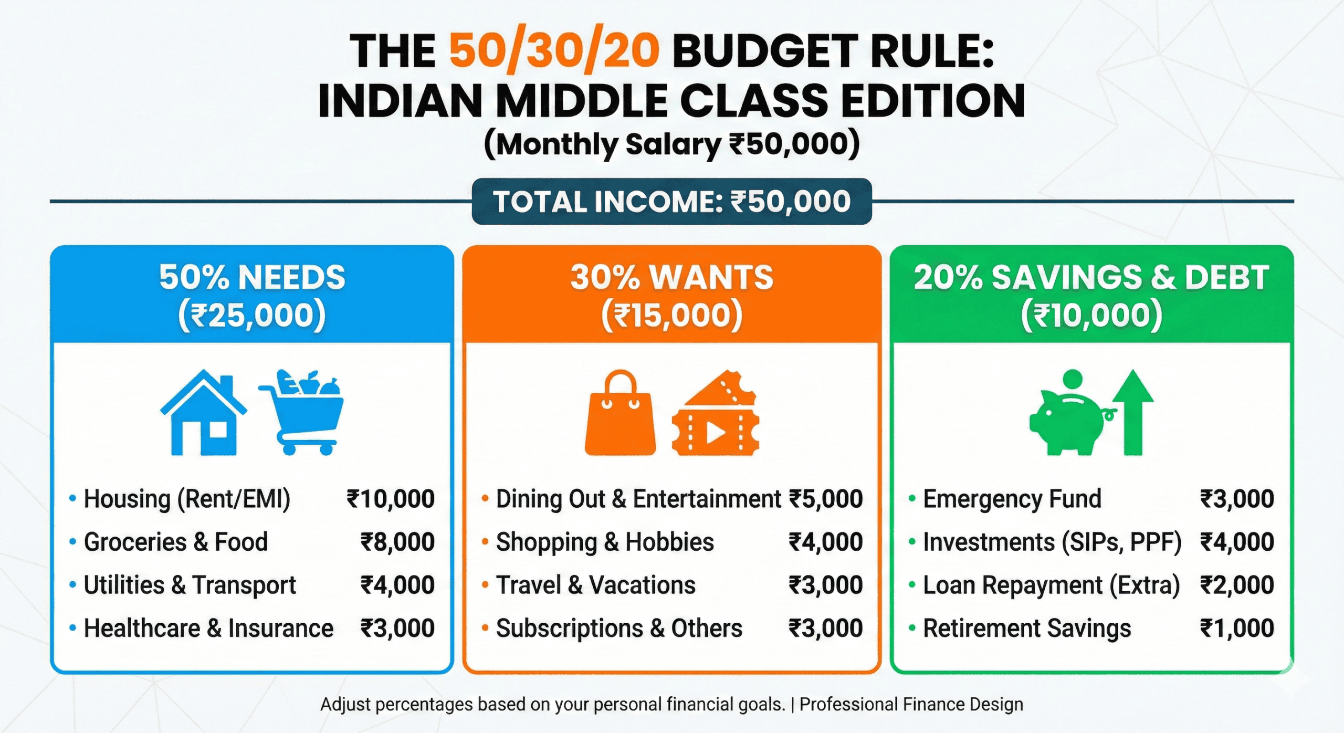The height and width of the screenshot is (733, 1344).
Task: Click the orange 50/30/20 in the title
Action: coord(554,51)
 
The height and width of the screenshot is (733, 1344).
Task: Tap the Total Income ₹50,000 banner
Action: coord(671,202)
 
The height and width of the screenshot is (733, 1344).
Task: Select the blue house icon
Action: coord(203,414)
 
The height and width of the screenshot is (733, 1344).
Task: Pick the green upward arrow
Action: coord(1133,412)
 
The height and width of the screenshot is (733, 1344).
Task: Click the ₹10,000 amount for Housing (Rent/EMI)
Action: coord(391,499)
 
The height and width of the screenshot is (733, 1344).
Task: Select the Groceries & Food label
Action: coord(176,542)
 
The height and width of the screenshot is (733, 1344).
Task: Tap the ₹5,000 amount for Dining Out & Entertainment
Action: coord(826,499)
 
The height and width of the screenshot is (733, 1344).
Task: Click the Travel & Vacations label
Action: coord(595,585)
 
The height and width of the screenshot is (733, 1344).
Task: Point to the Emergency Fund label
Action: coord(1012,499)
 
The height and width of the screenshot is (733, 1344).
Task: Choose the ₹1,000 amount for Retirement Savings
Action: coord(1237,628)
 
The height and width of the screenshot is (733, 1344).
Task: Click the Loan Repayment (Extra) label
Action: coord(1051,585)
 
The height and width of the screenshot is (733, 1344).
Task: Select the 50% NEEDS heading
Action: coord(252,277)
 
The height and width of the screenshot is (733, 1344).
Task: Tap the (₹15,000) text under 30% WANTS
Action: coord(671,315)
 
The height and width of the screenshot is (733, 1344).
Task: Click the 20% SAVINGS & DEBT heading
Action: coord(1091,277)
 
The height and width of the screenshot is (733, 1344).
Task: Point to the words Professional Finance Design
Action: coord(911,704)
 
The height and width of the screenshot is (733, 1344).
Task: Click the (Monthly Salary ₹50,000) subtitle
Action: coord(671,144)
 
